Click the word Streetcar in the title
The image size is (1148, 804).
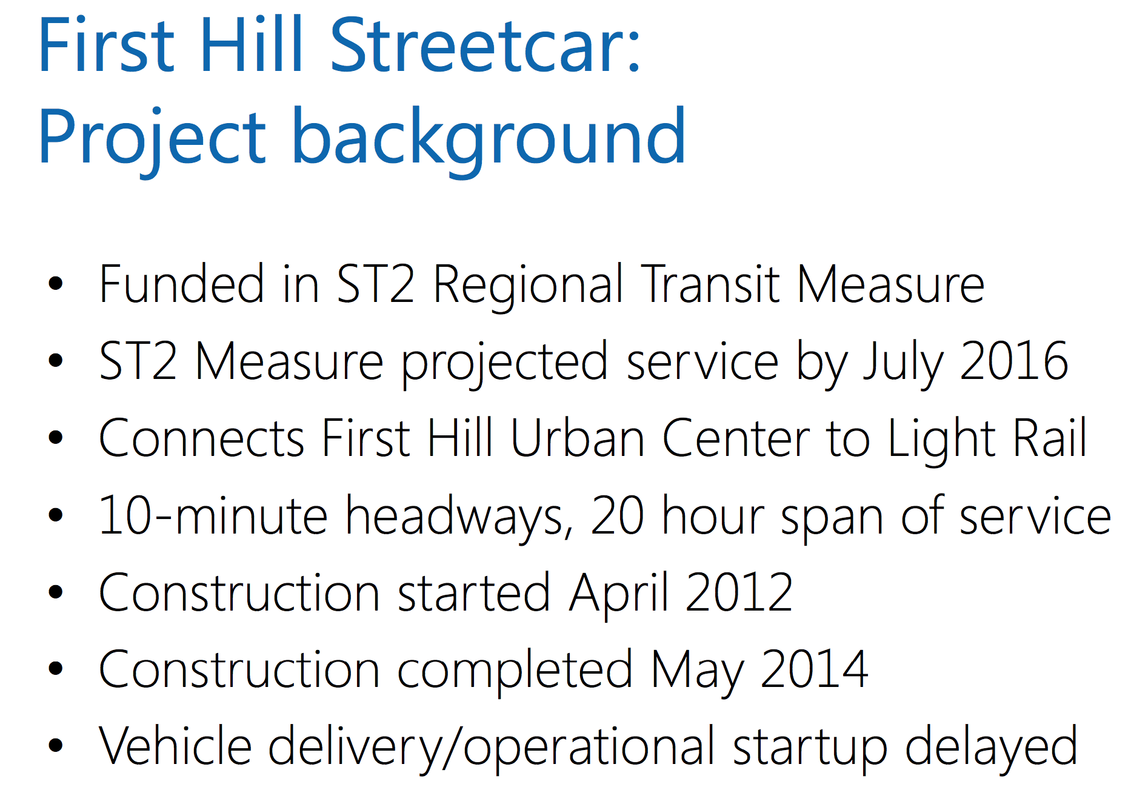[x=485, y=45]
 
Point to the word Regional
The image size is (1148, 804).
[x=528, y=287]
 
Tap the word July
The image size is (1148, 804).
[x=903, y=364]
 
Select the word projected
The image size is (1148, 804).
[x=504, y=364]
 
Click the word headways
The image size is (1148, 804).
[x=459, y=519]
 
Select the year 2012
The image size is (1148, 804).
[x=739, y=592]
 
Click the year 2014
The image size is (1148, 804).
[x=815, y=669]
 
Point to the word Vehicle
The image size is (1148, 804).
[x=175, y=746]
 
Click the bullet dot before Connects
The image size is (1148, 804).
[x=56, y=437]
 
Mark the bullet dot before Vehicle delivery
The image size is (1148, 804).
[x=56, y=745]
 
